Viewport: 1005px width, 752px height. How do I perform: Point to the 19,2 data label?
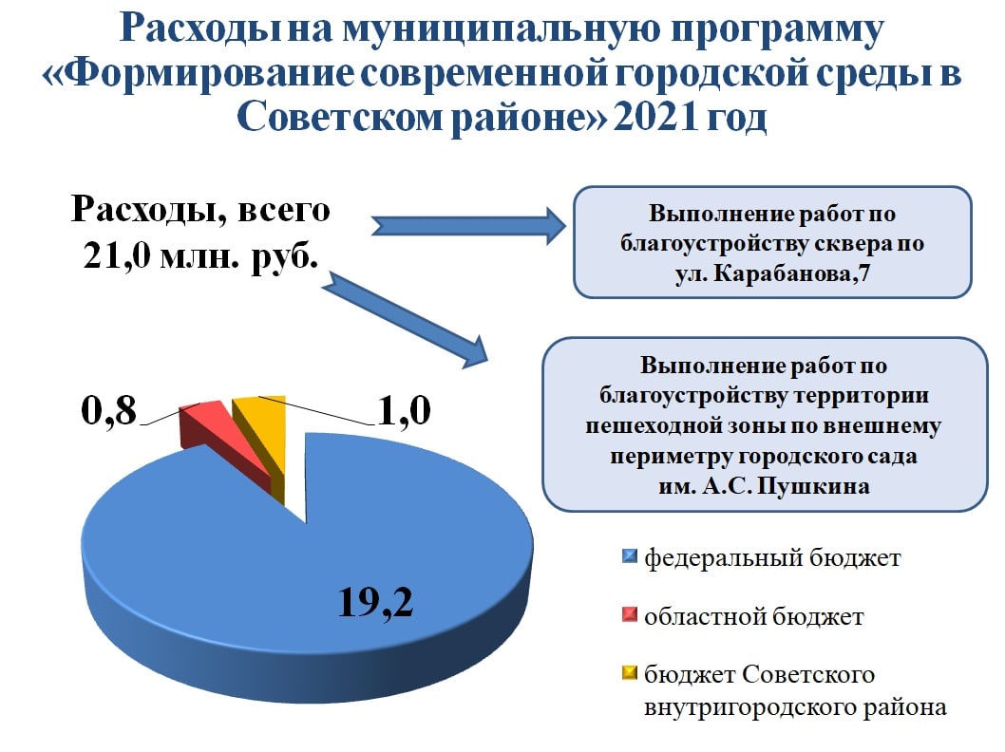pos(375,601)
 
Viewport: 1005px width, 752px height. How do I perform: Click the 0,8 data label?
pos(109,409)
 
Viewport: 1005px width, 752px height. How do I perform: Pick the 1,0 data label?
pos(404,410)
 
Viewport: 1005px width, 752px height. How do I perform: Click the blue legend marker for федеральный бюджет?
pos(630,556)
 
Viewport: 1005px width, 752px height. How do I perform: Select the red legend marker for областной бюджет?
pos(630,615)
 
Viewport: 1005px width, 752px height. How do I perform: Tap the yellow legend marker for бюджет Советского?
pos(630,672)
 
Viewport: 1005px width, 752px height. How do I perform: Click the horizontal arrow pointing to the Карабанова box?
pos(468,226)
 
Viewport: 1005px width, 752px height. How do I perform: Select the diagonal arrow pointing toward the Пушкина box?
pos(406,320)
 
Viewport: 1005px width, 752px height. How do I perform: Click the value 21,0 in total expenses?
pos(117,256)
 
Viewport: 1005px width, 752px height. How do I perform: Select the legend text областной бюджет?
pos(754,616)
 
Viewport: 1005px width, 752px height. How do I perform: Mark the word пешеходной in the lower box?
pos(651,426)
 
